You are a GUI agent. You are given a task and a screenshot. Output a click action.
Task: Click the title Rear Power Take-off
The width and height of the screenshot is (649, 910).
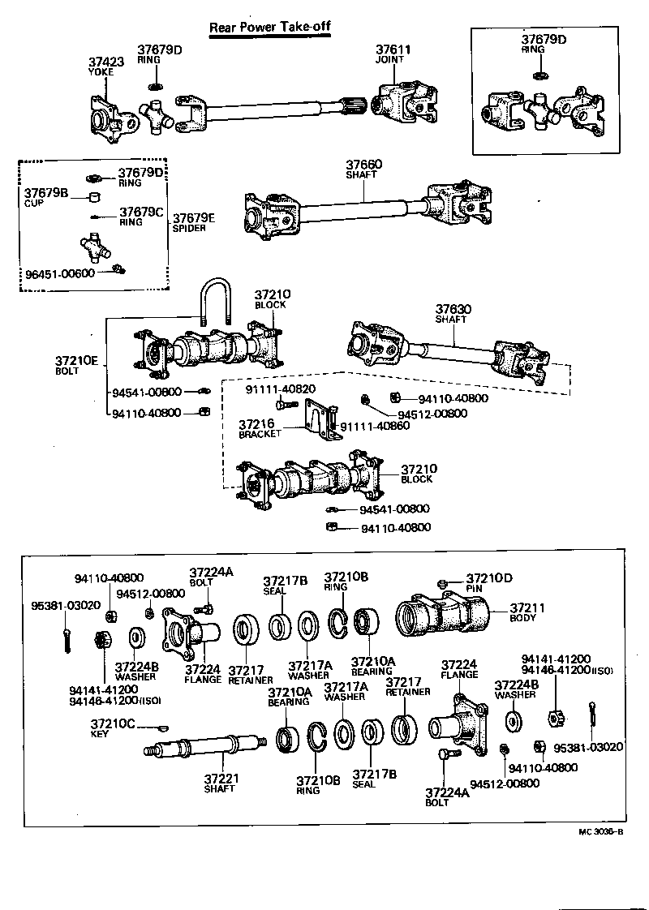pyautogui.click(x=270, y=27)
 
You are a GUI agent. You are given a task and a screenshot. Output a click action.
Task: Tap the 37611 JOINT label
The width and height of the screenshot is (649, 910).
pyautogui.click(x=393, y=54)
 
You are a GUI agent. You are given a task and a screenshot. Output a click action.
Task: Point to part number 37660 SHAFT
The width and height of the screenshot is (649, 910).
pyautogui.click(x=363, y=169)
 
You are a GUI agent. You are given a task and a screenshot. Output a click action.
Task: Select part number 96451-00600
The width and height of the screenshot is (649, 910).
pyautogui.click(x=60, y=273)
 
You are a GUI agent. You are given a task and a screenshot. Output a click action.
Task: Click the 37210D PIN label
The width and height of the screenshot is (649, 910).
pyautogui.click(x=489, y=583)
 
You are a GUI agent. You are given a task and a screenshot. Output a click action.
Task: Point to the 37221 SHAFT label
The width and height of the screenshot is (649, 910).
pyautogui.click(x=220, y=783)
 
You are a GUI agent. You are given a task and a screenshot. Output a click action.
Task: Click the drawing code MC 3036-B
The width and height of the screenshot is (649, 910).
pyautogui.click(x=600, y=831)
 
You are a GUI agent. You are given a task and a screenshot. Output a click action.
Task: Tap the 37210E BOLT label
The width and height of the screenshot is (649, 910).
pyautogui.click(x=75, y=365)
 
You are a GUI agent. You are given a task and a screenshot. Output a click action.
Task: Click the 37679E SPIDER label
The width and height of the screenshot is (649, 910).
pyautogui.click(x=194, y=222)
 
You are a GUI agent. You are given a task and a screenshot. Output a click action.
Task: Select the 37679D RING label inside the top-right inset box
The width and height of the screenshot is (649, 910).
pyautogui.click(x=543, y=43)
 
